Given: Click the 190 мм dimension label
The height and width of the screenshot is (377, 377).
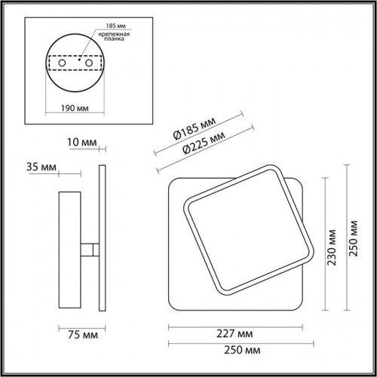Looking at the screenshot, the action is click(75, 108).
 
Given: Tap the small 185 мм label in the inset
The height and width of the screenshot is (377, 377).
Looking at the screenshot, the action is click(115, 26).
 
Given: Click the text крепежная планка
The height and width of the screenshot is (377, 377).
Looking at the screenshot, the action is click(114, 36).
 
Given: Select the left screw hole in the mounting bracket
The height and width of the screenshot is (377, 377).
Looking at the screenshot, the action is click(62, 63).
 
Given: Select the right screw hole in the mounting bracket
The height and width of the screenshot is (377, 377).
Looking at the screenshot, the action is click(89, 63).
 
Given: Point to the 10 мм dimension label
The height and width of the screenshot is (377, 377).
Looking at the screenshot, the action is click(81, 143).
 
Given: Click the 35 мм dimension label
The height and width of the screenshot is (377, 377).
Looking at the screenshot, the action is click(41, 167).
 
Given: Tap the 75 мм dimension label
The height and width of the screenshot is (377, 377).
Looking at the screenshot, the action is click(83, 335).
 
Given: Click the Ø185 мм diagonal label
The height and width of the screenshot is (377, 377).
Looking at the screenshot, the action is click(195, 128).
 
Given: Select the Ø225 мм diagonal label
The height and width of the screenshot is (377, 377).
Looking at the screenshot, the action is click(204, 143).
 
